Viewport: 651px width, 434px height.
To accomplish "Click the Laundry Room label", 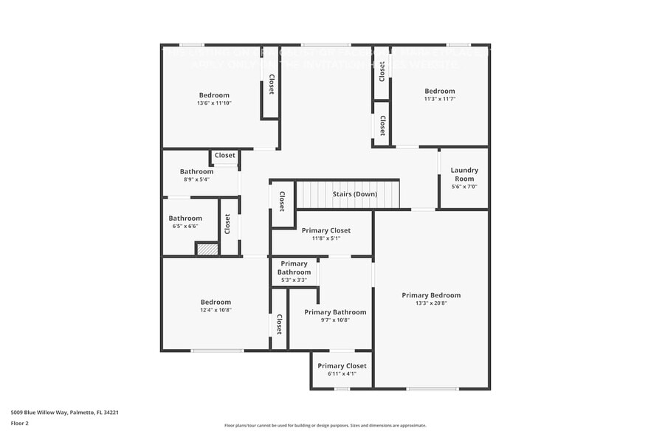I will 464,174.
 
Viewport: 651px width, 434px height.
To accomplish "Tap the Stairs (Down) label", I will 354,194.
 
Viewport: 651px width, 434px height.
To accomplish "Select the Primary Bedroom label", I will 431,295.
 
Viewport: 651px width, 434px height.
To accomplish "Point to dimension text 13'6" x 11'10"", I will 214,103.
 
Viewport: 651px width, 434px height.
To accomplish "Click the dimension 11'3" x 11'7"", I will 440,99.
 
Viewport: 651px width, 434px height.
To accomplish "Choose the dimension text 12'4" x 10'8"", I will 216,310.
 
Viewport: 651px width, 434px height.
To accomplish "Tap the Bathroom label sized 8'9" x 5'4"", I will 196,171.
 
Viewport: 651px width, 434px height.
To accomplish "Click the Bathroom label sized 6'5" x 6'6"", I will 185,218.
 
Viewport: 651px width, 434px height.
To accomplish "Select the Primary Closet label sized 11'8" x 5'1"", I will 326,230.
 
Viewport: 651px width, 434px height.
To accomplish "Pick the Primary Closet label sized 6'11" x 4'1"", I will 342,365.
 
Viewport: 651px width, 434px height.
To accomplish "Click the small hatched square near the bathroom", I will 207,249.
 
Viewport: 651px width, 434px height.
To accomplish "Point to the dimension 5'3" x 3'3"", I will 294,280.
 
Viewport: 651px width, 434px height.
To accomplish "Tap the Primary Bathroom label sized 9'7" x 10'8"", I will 335,312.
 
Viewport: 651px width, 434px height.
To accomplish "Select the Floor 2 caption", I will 20,423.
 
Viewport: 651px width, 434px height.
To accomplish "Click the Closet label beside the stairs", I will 282,201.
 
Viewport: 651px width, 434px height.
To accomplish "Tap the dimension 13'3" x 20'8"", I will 431,303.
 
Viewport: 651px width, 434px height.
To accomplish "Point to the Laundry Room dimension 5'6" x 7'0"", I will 464,187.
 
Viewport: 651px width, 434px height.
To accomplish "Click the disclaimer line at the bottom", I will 325,425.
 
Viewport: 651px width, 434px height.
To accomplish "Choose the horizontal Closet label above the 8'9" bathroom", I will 225,156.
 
